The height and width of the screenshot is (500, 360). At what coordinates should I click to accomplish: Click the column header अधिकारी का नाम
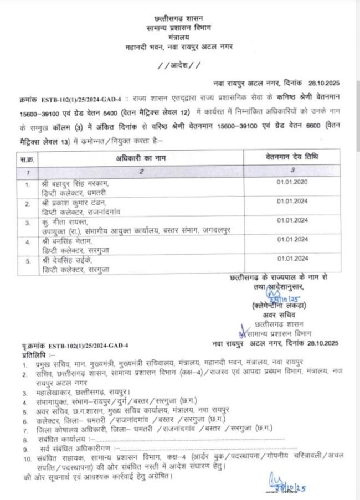tap(141, 158)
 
